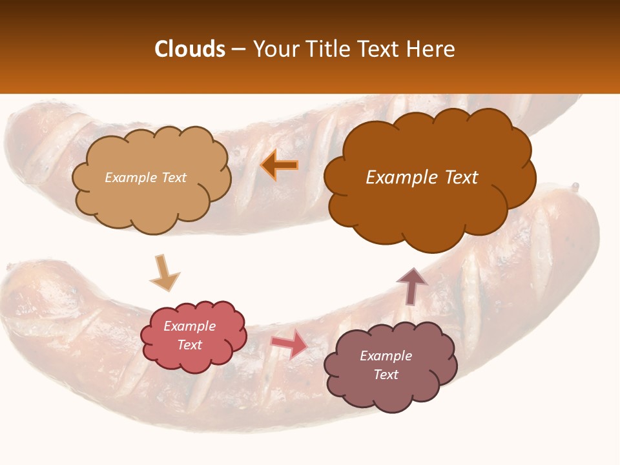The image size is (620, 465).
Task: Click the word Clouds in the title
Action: [190, 49]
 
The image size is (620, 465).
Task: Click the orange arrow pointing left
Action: [280, 165]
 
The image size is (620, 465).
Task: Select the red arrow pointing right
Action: [289, 344]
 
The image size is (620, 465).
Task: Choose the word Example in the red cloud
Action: [189, 326]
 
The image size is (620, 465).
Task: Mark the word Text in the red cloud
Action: [189, 345]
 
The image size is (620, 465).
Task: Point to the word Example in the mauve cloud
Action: [386, 356]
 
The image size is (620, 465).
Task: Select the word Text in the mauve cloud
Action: [386, 375]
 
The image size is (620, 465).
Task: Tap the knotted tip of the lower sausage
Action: [574, 187]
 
